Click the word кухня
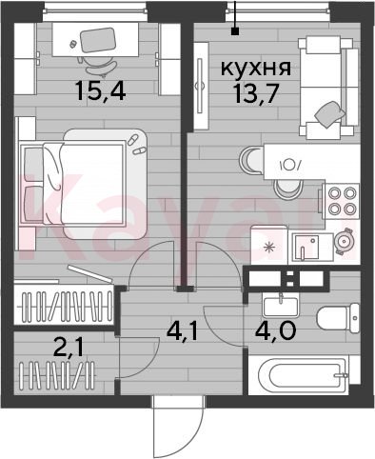click(x=256, y=68)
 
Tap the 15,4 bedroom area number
click(x=101, y=91)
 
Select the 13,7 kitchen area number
click(x=255, y=94)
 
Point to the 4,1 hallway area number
click(x=182, y=332)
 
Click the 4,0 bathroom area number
click(x=275, y=330)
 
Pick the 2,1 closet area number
click(x=69, y=348)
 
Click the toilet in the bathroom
click(x=338, y=318)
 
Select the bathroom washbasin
click(x=281, y=306)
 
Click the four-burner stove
click(x=342, y=201)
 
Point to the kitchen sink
click(x=306, y=247)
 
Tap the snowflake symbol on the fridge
click(x=269, y=248)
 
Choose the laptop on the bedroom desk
click(x=97, y=40)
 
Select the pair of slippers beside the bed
click(x=136, y=145)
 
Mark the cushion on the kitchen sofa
click(x=330, y=116)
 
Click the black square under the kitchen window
click(x=235, y=31)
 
